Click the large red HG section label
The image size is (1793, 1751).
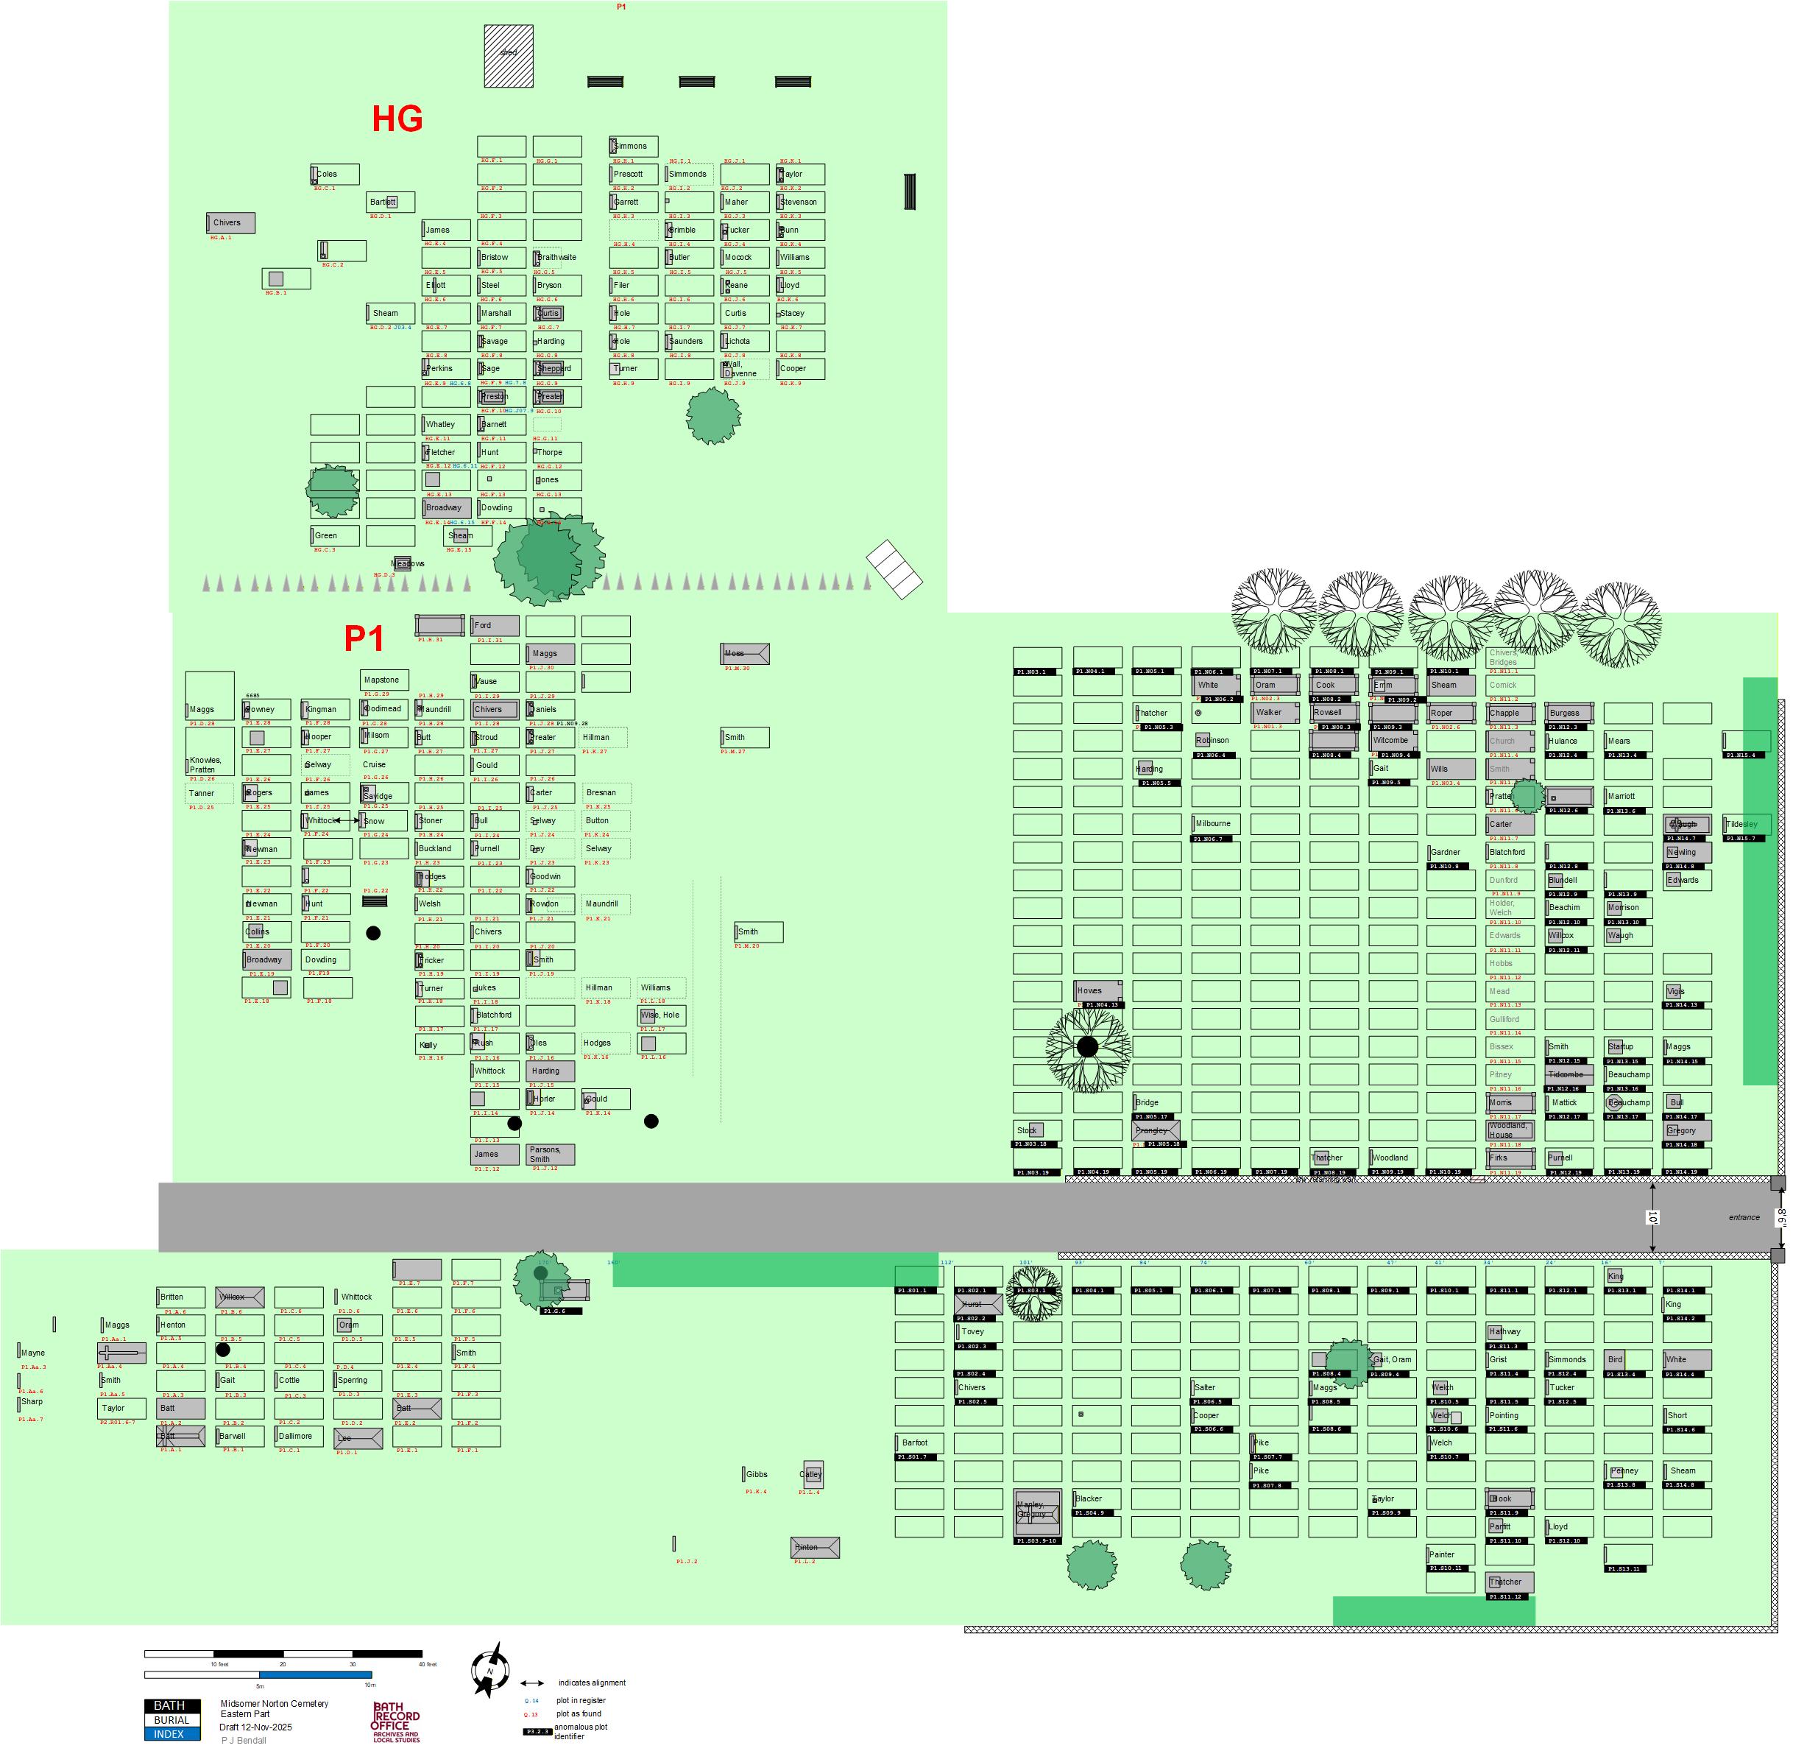[x=397, y=119]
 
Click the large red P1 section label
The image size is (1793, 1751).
[x=364, y=638]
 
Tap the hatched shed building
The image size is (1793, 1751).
[x=509, y=56]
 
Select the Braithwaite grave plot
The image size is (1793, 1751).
[x=557, y=258]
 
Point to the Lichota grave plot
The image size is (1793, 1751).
[x=745, y=341]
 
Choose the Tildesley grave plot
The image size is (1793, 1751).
[x=1745, y=825]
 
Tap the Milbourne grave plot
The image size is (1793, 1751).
[x=1214, y=824]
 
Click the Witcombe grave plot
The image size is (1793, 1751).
[x=1392, y=740]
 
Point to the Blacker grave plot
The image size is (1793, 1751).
[x=1096, y=1499]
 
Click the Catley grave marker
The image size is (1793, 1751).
[x=812, y=1474]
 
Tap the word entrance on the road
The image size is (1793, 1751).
[x=1744, y=1218]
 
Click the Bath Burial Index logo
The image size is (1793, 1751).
[x=171, y=1720]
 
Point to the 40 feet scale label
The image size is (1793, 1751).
[x=428, y=1665]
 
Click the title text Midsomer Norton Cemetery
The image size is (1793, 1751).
[x=274, y=1704]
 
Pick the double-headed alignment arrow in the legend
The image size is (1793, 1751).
[x=534, y=1683]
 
